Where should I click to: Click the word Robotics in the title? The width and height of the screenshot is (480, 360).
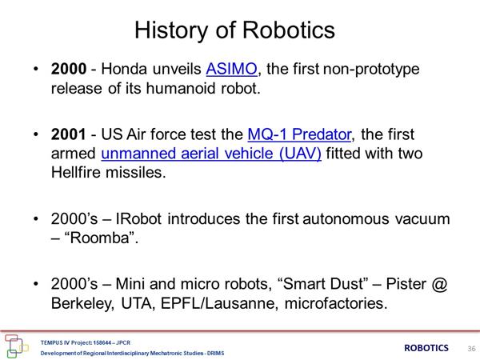289,30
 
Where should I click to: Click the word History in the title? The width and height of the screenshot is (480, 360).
171,30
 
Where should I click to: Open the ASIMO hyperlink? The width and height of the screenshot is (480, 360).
231,69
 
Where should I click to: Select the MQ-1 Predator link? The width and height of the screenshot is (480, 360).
299,134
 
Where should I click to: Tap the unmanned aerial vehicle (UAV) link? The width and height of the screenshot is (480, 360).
211,154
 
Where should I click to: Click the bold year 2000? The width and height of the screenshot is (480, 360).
69,69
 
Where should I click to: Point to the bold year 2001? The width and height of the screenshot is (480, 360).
69,134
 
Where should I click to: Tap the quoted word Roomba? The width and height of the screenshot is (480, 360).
100,238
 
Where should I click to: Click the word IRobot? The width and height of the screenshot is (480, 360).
138,219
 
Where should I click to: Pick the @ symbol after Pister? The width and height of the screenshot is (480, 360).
439,284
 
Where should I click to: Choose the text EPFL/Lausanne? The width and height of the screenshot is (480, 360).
219,304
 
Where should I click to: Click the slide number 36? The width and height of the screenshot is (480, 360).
471,348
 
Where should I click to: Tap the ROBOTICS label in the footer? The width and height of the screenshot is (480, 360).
426,348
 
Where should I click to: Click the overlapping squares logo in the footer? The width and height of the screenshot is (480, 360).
15,346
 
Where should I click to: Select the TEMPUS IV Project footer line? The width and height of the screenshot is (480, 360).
86,342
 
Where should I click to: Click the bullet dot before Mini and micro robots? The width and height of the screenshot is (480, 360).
36,284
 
